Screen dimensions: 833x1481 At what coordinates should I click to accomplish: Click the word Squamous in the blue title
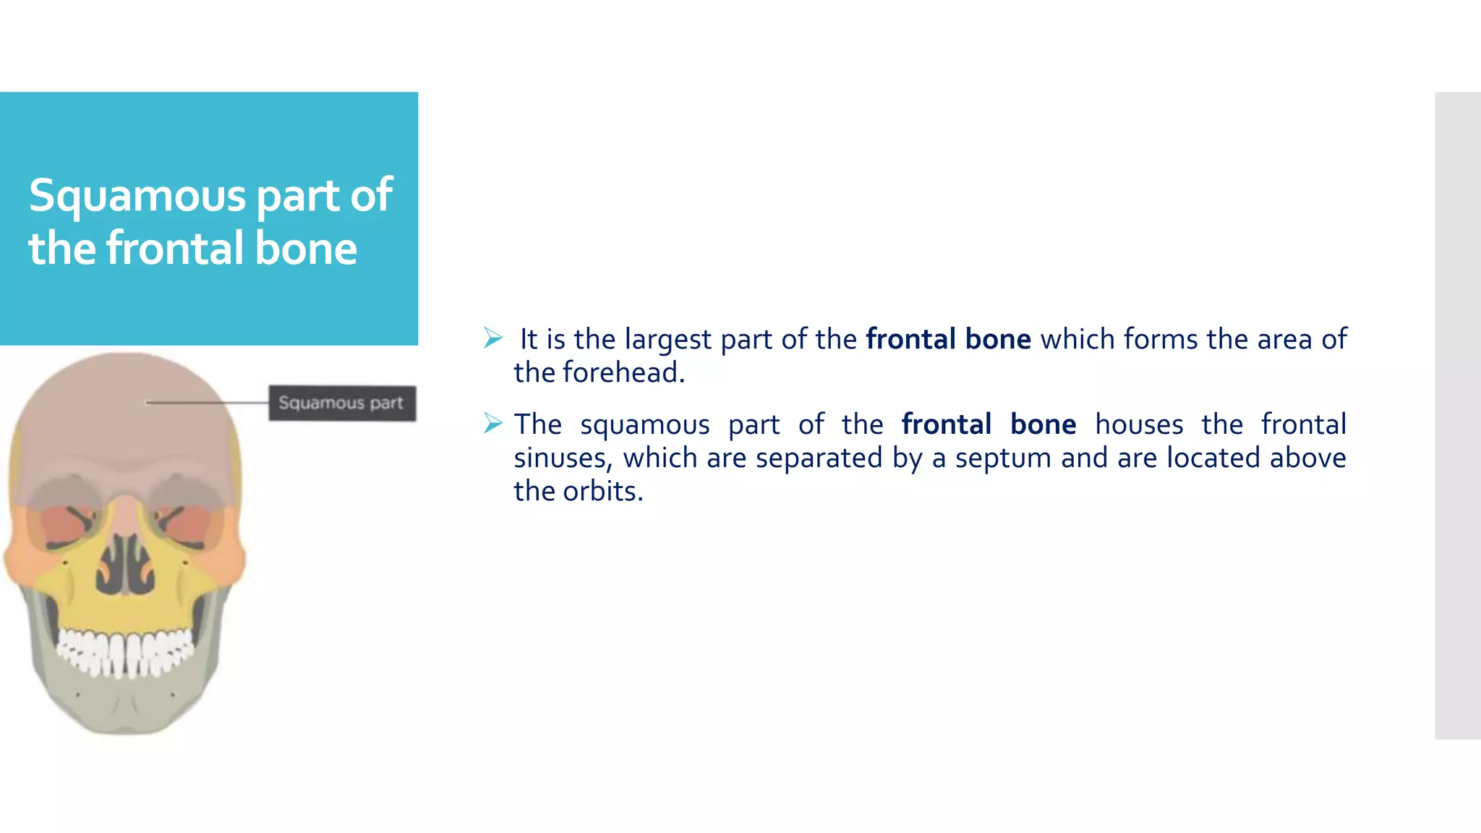137,197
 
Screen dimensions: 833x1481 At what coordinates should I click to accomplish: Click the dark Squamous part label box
342,403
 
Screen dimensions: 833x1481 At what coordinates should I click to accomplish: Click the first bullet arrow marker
493,338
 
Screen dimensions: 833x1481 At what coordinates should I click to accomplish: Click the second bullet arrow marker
493,423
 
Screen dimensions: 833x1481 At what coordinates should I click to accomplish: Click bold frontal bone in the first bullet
948,339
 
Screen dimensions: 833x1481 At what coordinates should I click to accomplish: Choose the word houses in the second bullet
1139,424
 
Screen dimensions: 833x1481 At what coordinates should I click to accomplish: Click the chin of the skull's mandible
127,716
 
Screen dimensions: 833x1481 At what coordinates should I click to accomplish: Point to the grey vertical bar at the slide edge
1457,416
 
